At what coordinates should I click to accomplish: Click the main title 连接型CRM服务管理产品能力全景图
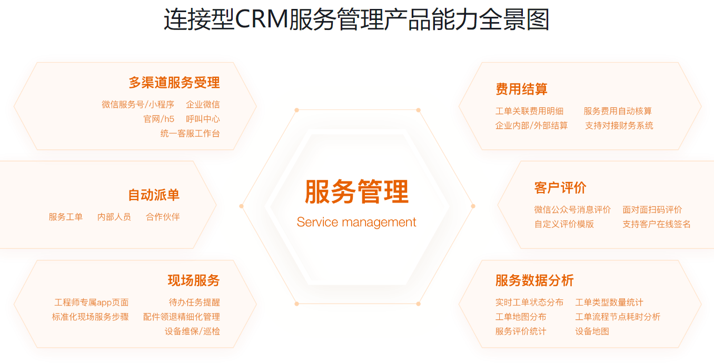click(356, 20)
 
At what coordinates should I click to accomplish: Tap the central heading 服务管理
click(356, 191)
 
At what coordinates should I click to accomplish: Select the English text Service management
click(356, 222)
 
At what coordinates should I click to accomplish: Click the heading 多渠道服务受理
click(174, 83)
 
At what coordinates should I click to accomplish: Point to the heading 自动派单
click(154, 195)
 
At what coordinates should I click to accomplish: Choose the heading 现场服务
click(194, 280)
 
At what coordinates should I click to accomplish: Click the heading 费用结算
click(521, 89)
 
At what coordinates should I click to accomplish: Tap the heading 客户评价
click(560, 187)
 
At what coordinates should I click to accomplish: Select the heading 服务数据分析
click(534, 280)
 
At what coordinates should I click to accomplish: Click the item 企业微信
click(203, 105)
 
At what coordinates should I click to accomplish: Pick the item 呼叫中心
click(203, 119)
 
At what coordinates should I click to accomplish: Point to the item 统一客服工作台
click(190, 134)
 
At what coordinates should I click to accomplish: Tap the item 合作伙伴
click(163, 217)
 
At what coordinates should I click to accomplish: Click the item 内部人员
click(114, 217)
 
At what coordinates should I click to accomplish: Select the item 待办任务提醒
click(194, 302)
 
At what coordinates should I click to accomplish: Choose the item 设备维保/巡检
click(192, 331)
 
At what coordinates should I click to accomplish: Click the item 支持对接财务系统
click(619, 125)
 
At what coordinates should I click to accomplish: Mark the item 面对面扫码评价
click(652, 209)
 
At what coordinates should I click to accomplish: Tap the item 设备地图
click(592, 331)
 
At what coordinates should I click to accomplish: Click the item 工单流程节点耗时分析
click(618, 317)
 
